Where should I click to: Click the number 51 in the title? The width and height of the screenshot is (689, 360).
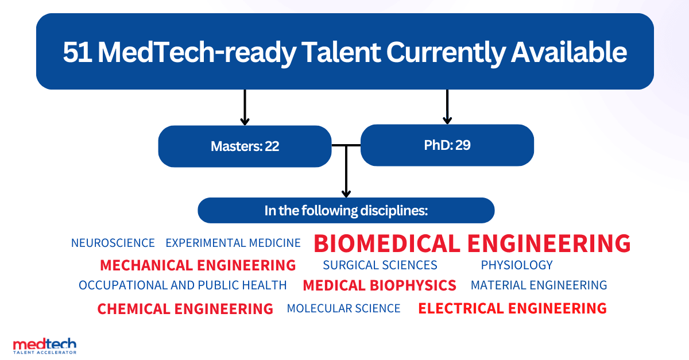77,52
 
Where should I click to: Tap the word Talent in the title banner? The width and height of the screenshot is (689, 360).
340,52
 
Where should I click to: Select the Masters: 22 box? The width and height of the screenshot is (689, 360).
245,146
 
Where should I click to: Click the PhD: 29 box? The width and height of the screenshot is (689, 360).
447,145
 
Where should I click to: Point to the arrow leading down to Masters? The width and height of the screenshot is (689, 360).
245,107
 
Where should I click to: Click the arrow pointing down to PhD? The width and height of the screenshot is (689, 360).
447,107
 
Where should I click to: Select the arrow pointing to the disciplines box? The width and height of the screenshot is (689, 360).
346,171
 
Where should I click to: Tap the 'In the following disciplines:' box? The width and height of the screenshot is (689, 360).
346,211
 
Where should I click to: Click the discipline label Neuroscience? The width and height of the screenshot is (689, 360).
113,243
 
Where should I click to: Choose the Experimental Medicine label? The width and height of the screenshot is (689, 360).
233,243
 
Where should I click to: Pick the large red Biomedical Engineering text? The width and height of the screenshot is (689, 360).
472,243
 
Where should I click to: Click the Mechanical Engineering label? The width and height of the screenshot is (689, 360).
198,265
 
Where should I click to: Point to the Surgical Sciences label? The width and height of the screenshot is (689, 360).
380,265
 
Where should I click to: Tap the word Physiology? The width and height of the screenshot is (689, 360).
517,265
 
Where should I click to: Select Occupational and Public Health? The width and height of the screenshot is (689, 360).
183,285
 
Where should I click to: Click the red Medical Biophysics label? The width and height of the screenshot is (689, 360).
380,285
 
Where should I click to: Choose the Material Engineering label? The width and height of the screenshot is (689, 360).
539,285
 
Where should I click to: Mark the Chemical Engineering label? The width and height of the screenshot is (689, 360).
185,309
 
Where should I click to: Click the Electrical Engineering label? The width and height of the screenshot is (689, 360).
512,308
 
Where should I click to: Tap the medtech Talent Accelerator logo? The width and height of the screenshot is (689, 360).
45,346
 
